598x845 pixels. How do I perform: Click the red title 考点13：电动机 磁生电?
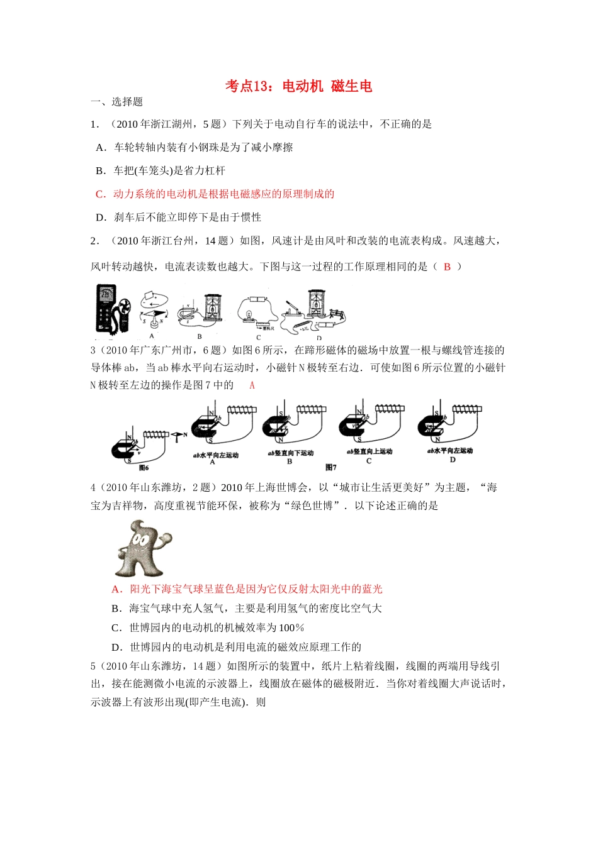click(x=298, y=86)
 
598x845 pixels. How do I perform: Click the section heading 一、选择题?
click(x=117, y=102)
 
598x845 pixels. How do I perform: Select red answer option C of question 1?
click(x=215, y=194)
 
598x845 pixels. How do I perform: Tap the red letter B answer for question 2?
click(x=447, y=267)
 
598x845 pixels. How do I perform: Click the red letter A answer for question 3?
click(x=252, y=385)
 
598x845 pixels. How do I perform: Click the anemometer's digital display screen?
click(x=105, y=294)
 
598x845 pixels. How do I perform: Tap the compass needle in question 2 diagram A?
click(x=155, y=312)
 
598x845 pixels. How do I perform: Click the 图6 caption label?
click(x=144, y=468)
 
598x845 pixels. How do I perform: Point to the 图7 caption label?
click(x=331, y=467)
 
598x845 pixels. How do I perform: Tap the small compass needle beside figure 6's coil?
click(x=177, y=434)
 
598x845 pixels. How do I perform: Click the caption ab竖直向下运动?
click(x=290, y=453)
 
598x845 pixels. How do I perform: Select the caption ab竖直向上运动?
click(x=369, y=451)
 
